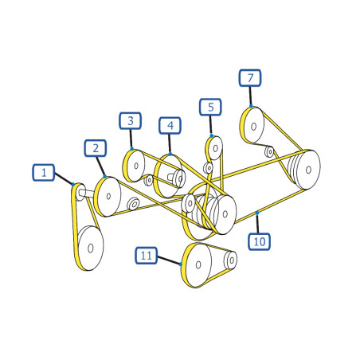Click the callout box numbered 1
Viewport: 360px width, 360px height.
point(44,173)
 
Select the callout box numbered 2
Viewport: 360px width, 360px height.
point(96,148)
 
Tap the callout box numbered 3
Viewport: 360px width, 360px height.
point(130,121)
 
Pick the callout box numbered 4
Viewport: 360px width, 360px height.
point(170,125)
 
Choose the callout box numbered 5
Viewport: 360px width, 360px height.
point(210,107)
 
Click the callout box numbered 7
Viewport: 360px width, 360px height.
point(250,78)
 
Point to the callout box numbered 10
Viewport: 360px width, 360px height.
point(259,241)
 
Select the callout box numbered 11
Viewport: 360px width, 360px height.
point(146,256)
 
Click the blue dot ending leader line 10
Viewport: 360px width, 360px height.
point(257,213)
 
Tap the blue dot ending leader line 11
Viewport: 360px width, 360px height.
point(181,264)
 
